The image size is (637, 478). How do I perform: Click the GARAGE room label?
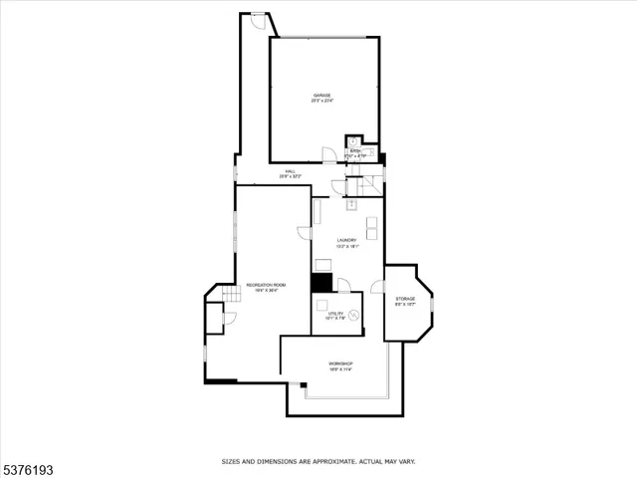pyautogui.click(x=322, y=95)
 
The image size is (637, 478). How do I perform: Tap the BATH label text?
pyautogui.click(x=355, y=150)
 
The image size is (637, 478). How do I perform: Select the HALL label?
pyautogui.click(x=291, y=171)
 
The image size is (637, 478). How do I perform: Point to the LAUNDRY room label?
pyautogui.click(x=346, y=239)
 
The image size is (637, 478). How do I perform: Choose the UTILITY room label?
pyautogui.click(x=335, y=313)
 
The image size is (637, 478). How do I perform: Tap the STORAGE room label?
pyautogui.click(x=405, y=298)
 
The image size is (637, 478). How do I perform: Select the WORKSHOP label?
pyautogui.click(x=341, y=363)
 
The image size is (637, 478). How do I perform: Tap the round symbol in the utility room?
pyautogui.click(x=351, y=317)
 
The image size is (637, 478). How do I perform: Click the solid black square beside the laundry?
pyautogui.click(x=321, y=283)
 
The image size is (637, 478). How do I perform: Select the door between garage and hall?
pyautogui.click(x=328, y=154)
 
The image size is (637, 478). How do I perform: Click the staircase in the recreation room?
pyautogui.click(x=231, y=294)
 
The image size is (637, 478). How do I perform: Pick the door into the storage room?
pyautogui.click(x=377, y=287)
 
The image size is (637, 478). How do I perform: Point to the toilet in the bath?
pyautogui.click(x=352, y=141)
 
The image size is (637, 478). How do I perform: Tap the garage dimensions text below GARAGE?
pyautogui.click(x=322, y=102)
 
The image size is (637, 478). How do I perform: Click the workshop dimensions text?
pyautogui.click(x=341, y=370)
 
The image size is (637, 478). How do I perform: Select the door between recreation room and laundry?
pyautogui.click(x=305, y=232)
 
